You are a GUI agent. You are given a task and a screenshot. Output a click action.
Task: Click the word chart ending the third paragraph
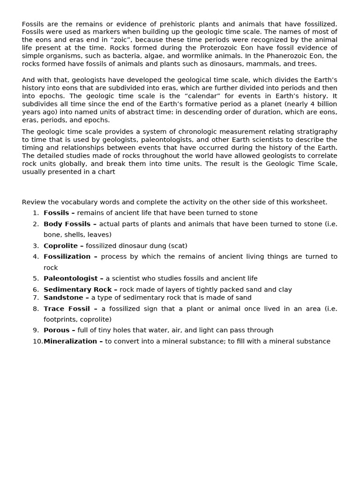[106, 172]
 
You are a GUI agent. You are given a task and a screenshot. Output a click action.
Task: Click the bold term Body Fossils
[67, 224]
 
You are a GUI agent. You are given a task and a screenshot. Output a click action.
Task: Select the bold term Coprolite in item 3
[61, 246]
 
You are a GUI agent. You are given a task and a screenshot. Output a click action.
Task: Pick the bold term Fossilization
[67, 256]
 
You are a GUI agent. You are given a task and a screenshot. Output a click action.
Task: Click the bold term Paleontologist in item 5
[71, 278]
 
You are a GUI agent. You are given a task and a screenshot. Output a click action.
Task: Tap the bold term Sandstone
[63, 298]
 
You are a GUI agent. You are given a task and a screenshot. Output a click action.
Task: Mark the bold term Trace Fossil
[67, 308]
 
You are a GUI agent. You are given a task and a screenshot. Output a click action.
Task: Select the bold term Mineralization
[70, 341]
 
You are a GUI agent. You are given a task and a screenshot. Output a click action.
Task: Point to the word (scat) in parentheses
[178, 246]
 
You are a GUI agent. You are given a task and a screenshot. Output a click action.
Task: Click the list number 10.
[37, 341]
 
